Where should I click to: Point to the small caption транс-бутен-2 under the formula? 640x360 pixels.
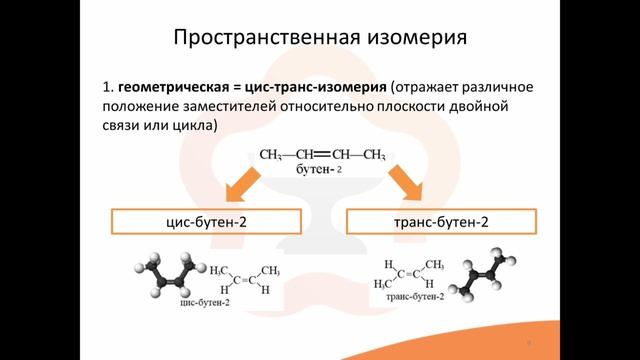[x=411, y=299]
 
